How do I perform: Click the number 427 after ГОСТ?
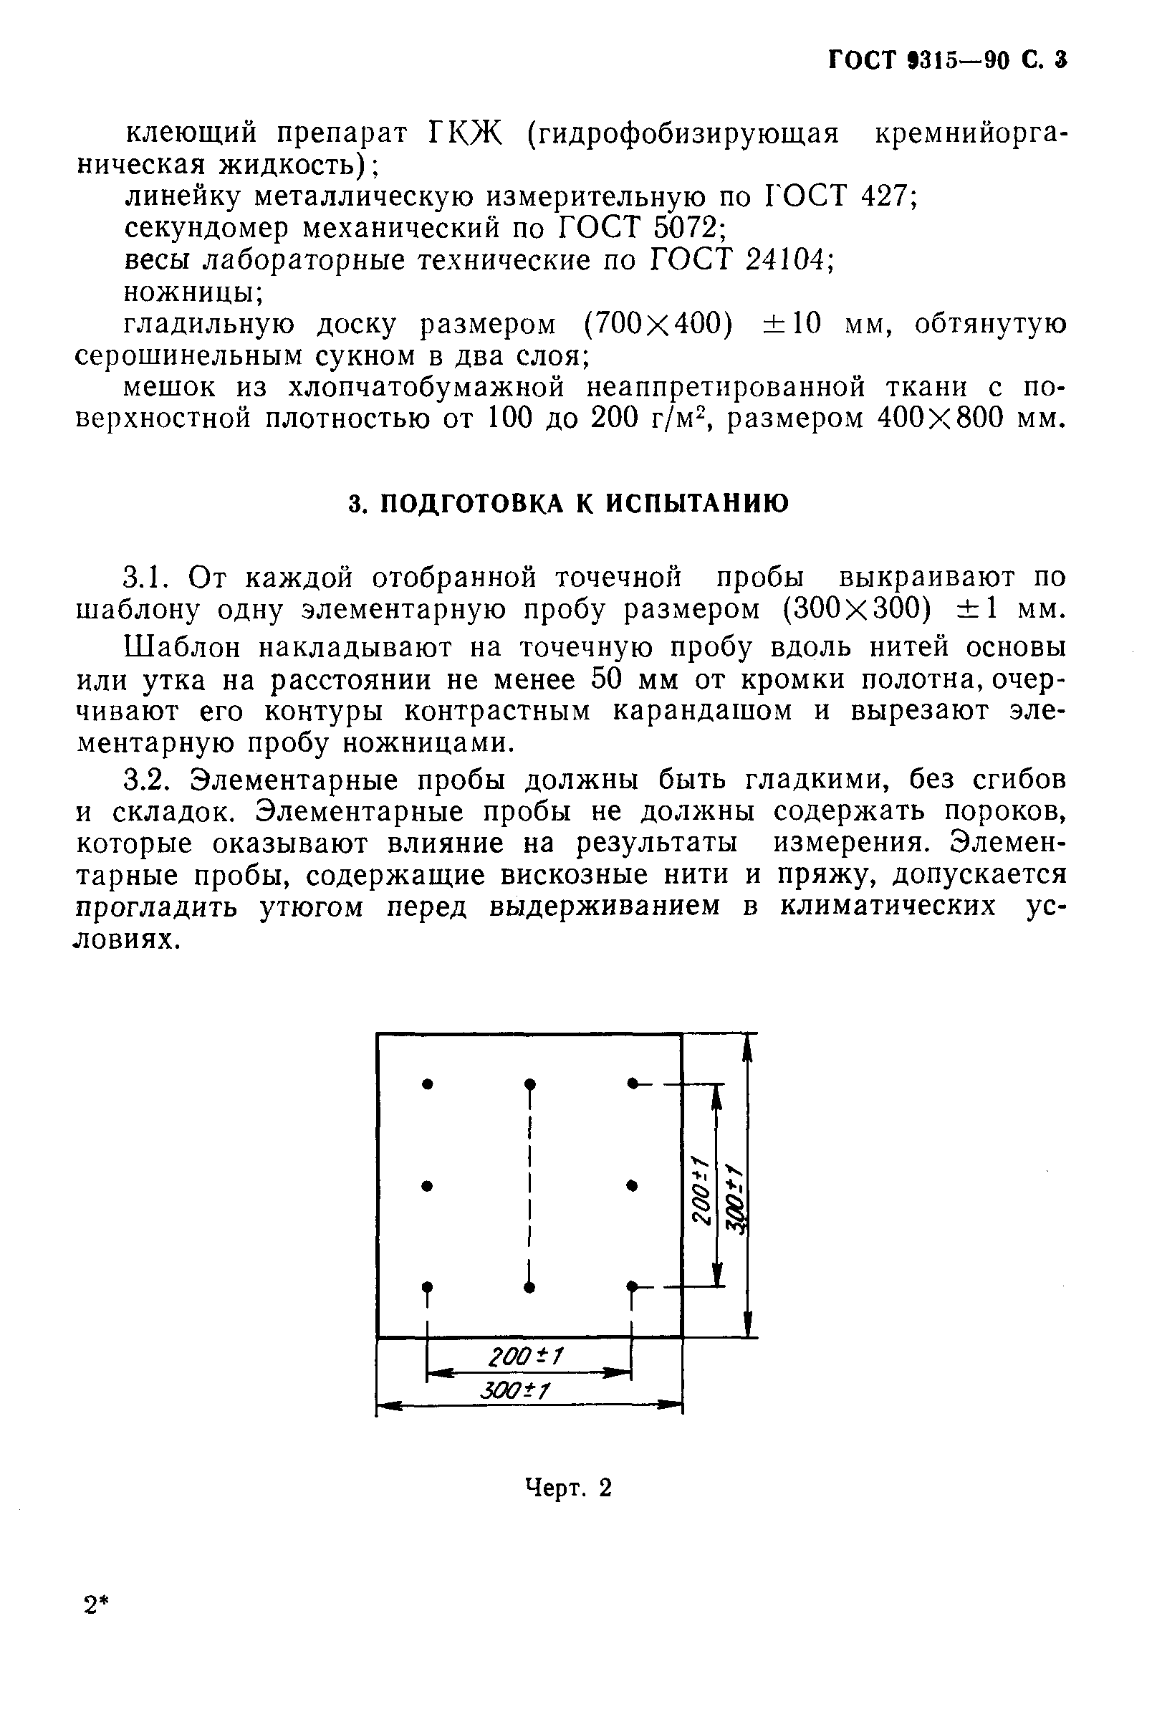point(888,197)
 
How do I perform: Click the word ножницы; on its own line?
point(193,293)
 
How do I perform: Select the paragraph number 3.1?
point(149,577)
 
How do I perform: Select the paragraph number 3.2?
point(150,780)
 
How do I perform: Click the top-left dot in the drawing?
point(427,1084)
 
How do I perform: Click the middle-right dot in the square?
point(632,1185)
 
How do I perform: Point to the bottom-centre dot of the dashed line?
point(529,1287)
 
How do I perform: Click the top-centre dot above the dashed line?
point(529,1084)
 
